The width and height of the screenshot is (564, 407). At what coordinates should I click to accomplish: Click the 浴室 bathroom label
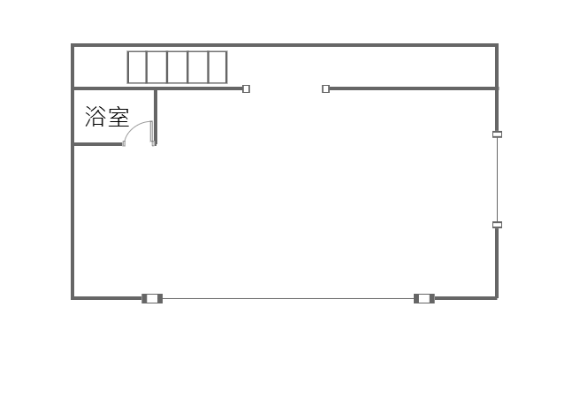click(x=107, y=117)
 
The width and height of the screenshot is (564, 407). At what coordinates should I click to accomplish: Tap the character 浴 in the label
click(x=95, y=117)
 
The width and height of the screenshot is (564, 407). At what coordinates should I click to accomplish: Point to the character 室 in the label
click(x=118, y=117)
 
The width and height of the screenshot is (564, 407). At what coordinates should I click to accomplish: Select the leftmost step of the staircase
click(x=137, y=67)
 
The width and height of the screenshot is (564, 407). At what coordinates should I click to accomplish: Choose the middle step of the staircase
click(x=178, y=67)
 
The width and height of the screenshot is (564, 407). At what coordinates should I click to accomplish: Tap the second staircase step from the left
click(x=157, y=67)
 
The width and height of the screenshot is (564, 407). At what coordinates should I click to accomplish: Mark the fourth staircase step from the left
click(x=198, y=67)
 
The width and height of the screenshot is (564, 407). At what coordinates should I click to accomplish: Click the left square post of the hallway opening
click(x=246, y=88)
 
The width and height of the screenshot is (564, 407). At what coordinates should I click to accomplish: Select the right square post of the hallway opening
click(x=325, y=88)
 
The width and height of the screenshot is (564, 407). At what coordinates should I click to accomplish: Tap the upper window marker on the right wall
click(x=497, y=134)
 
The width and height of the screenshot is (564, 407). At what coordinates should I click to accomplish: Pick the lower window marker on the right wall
click(x=497, y=225)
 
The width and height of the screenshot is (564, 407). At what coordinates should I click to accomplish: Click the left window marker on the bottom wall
click(x=152, y=298)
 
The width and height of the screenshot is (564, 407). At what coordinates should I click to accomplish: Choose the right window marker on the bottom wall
click(x=424, y=298)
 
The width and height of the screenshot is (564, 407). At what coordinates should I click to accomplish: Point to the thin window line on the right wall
click(x=497, y=180)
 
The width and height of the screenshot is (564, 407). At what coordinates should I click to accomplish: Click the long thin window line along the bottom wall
click(x=288, y=298)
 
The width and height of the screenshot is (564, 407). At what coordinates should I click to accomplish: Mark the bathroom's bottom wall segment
click(x=97, y=143)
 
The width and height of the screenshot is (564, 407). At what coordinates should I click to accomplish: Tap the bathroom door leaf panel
click(x=153, y=133)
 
